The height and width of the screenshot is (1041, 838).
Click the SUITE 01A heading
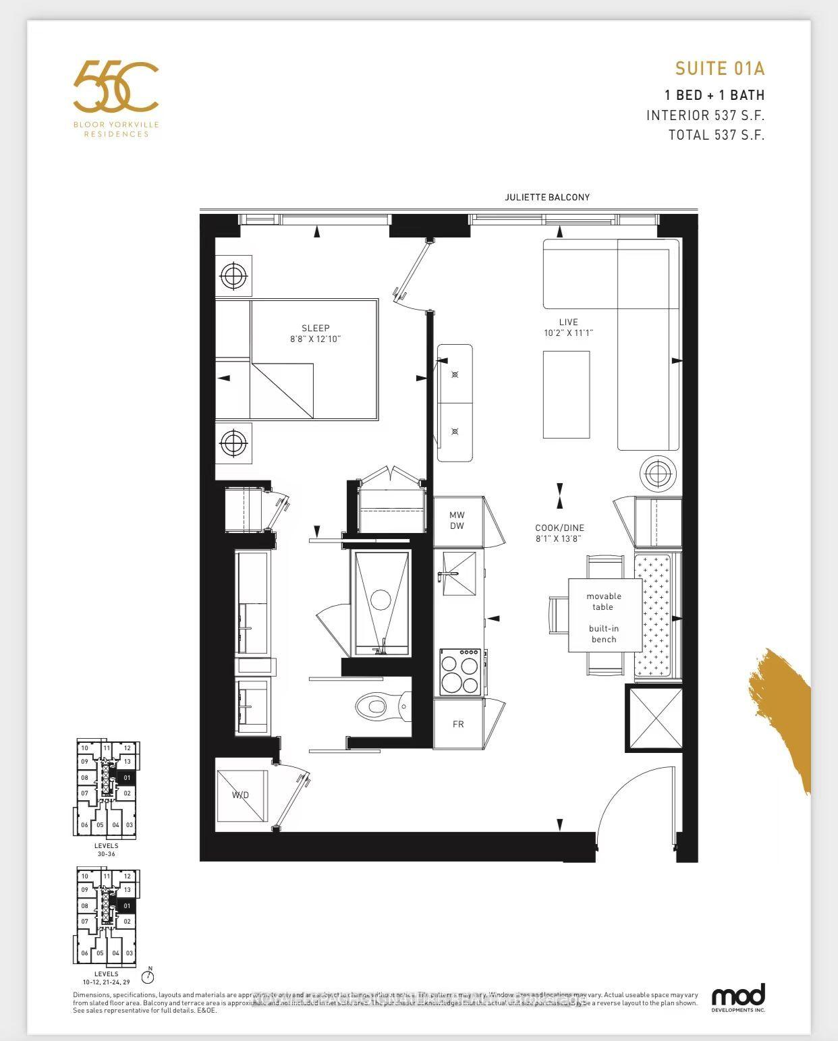[x=719, y=68]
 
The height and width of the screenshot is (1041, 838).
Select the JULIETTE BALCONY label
[x=547, y=197]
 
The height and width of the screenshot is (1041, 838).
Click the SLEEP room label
[x=315, y=328]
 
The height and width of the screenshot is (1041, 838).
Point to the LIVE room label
[x=568, y=322]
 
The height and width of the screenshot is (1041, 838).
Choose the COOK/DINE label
[x=559, y=528]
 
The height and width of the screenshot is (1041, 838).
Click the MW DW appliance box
[x=457, y=521]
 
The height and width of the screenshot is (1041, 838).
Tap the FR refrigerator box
[x=458, y=724]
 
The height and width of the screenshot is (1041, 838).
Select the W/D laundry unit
[x=242, y=795]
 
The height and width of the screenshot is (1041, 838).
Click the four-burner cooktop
[x=460, y=672]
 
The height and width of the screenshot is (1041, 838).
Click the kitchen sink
[x=459, y=573]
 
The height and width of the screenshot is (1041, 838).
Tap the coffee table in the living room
[x=566, y=394]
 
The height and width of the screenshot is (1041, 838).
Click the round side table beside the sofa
[x=657, y=474]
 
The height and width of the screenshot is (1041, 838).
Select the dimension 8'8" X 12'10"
[x=315, y=339]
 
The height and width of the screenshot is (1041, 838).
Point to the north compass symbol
[x=148, y=976]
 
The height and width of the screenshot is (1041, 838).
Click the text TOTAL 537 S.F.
[x=716, y=134]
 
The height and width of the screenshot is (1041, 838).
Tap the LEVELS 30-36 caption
[x=106, y=849]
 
